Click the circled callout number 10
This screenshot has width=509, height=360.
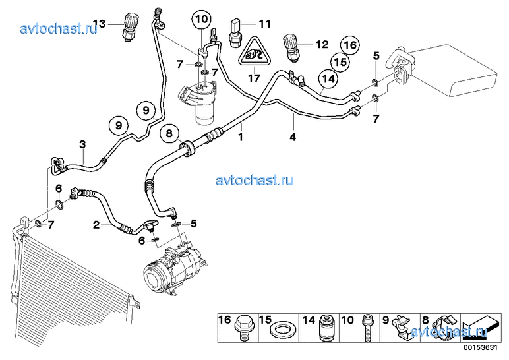point(201,19)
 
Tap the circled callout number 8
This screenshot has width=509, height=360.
point(169,134)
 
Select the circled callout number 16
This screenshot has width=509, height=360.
point(349,45)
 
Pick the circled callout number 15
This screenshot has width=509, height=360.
point(339,63)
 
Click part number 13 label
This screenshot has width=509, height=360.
point(99,24)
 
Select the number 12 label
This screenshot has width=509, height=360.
point(321,45)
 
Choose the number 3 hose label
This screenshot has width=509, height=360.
point(82,144)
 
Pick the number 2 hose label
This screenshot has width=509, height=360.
point(96,225)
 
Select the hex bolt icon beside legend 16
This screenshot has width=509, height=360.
point(245,326)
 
